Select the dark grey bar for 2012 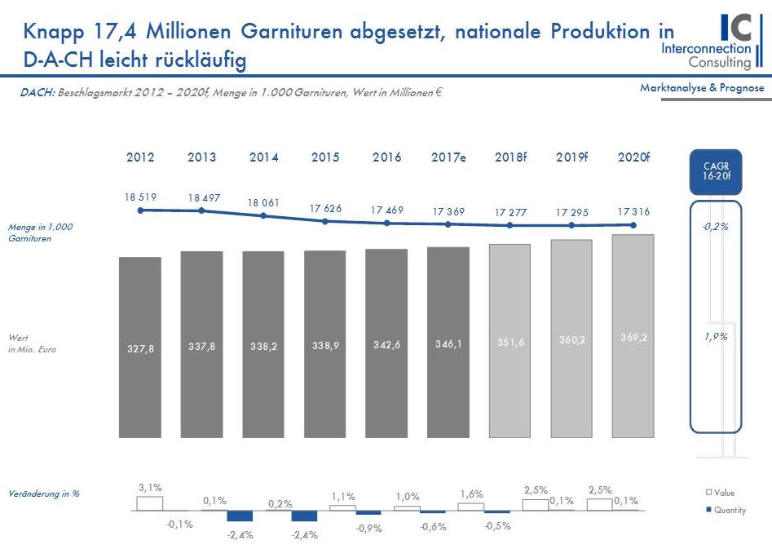tap(140, 347)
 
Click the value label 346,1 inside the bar tap(448, 345)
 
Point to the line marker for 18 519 tap(140, 210)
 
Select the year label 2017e tap(448, 157)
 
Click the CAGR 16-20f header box tap(715, 171)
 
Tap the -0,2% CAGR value tap(715, 227)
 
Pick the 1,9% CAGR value tap(715, 336)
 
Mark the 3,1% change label tap(149, 488)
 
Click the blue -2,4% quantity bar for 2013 tap(240, 516)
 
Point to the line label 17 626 tap(325, 209)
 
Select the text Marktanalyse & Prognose tap(702, 87)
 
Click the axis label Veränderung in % tap(44, 494)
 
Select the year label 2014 tap(263, 157)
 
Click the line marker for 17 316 tap(633, 225)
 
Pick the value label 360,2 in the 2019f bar tap(571, 340)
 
